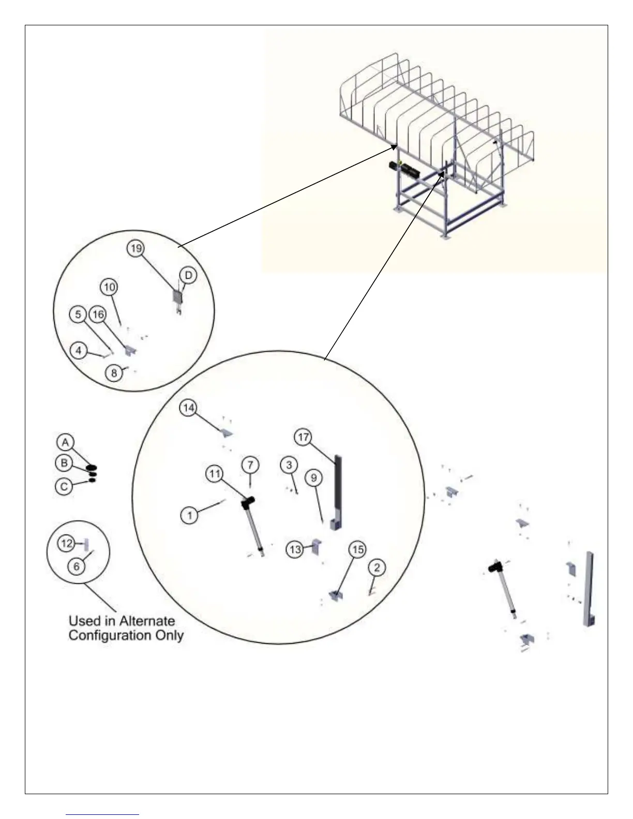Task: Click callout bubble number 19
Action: tap(135, 248)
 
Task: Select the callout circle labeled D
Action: tap(188, 276)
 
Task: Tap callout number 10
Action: tap(109, 287)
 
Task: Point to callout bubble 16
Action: tap(97, 314)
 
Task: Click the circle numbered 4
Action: tap(79, 351)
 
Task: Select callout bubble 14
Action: tap(188, 408)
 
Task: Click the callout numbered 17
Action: tap(303, 437)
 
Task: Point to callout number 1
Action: tap(190, 515)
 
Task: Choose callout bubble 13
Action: tap(295, 549)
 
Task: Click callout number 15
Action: tap(358, 550)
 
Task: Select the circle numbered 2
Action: tap(377, 568)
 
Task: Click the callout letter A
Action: tap(65, 443)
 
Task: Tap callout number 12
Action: tap(66, 543)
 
